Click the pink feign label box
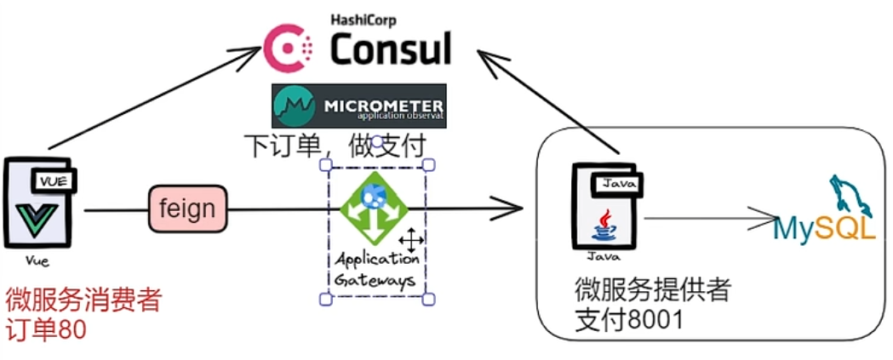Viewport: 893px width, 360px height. pyautogui.click(x=188, y=208)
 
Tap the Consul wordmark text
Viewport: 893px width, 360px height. pyautogui.click(x=391, y=49)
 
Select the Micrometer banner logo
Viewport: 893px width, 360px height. pyautogui.click(x=358, y=106)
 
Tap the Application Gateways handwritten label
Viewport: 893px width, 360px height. pyautogui.click(x=377, y=269)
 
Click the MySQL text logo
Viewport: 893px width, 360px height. pyautogui.click(x=824, y=228)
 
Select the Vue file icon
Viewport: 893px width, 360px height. pyautogui.click(x=39, y=203)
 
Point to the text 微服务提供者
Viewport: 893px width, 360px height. pyautogui.click(x=653, y=290)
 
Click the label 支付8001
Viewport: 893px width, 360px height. pyautogui.click(x=629, y=320)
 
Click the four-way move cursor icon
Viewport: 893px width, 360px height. pyautogui.click(x=410, y=240)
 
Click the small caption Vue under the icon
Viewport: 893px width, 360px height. pyautogui.click(x=37, y=261)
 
